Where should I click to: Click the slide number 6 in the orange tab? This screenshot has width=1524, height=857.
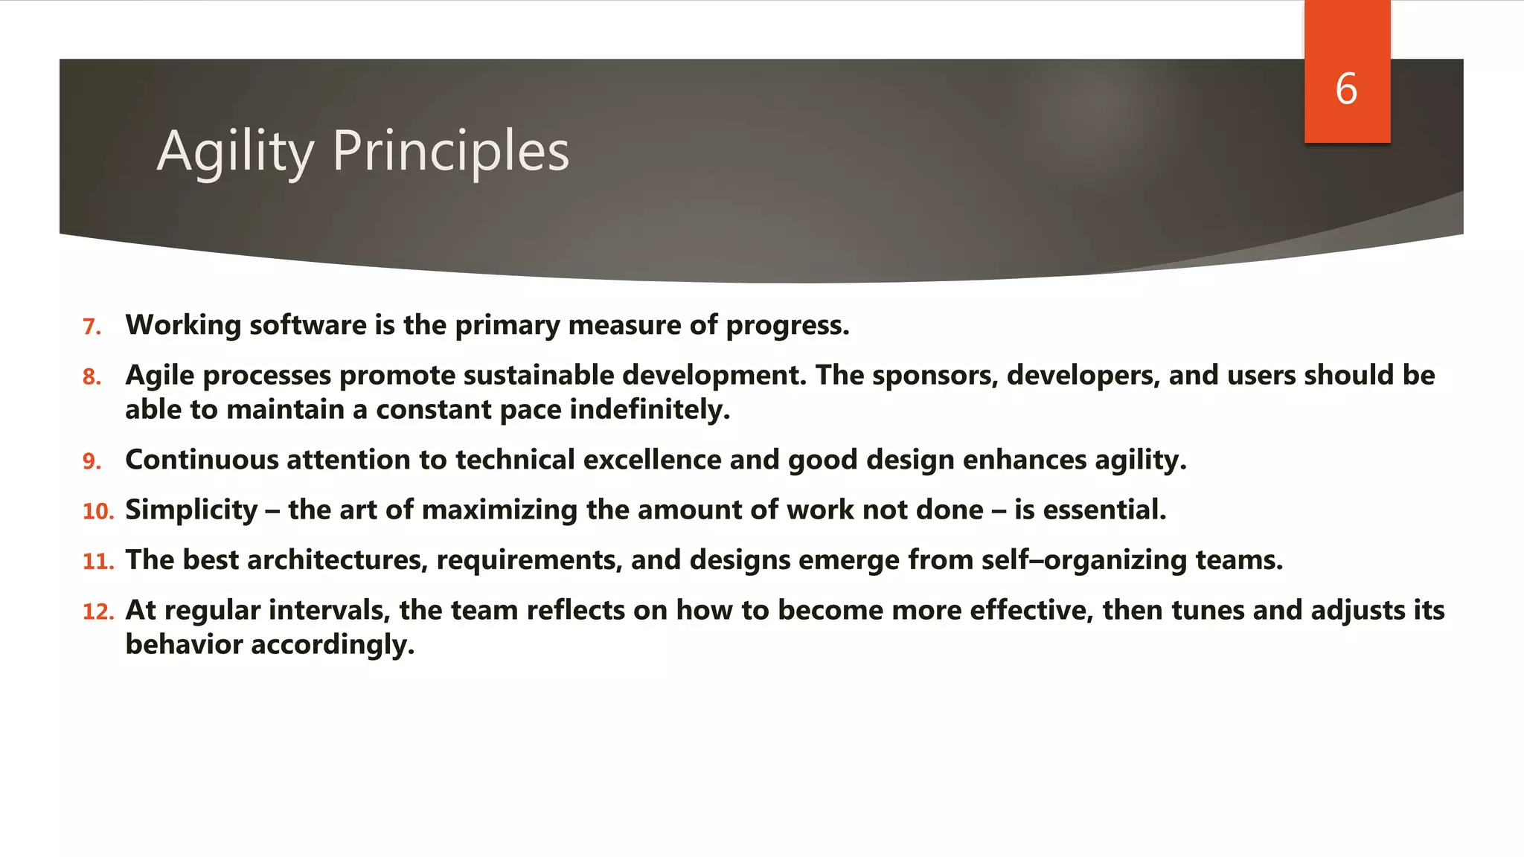1346,89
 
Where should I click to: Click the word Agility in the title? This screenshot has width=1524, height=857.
235,152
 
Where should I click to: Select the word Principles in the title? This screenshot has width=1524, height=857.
451,152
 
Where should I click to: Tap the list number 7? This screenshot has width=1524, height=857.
92,327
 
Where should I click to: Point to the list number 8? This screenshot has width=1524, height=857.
92,377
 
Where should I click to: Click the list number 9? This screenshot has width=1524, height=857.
92,461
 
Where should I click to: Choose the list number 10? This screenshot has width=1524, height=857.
97,512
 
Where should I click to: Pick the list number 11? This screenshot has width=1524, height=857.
97,562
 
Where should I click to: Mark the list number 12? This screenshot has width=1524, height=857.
97,612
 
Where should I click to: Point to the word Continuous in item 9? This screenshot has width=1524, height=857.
202,460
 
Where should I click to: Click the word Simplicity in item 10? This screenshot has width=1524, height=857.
191,510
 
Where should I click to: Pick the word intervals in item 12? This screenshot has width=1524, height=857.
329,611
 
